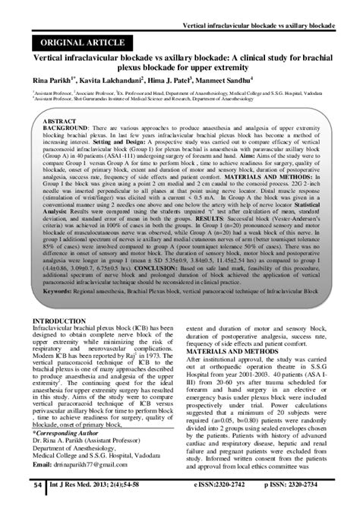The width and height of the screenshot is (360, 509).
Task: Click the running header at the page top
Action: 270,7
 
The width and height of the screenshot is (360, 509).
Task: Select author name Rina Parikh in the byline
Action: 52,78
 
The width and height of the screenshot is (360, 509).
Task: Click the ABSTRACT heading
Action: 59,121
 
